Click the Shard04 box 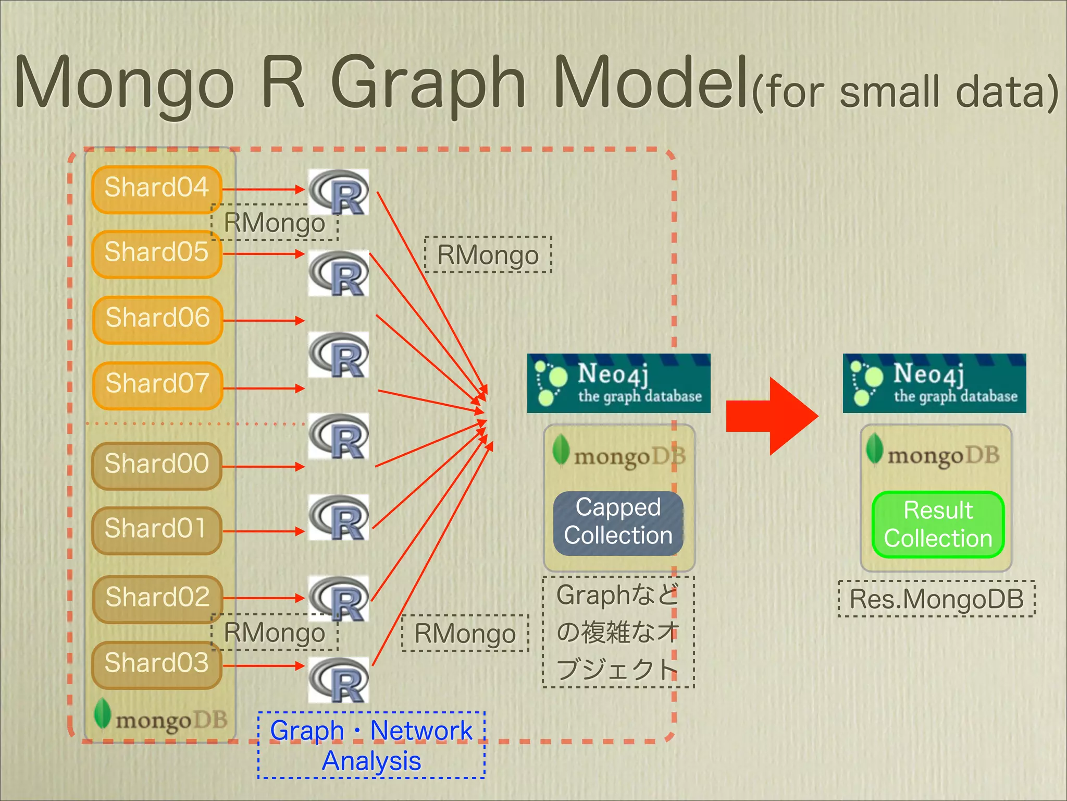point(157,189)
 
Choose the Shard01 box point(157,530)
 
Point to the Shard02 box point(158,599)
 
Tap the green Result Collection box point(938,525)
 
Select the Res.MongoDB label point(936,599)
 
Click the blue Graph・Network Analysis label point(371,745)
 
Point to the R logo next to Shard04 point(339,192)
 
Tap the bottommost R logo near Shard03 point(339,679)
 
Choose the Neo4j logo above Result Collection point(934,383)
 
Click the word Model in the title point(651,83)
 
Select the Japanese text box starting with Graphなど point(618,632)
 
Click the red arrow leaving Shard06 point(263,320)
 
